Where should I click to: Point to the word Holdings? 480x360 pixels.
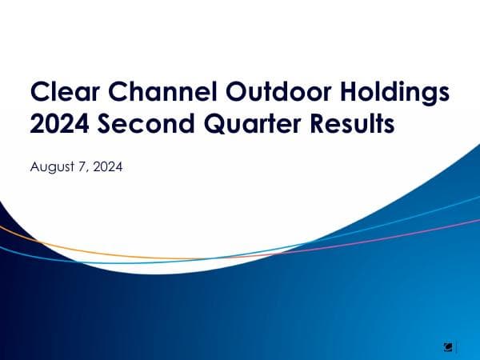click(x=387, y=94)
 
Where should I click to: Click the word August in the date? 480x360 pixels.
click(x=50, y=168)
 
